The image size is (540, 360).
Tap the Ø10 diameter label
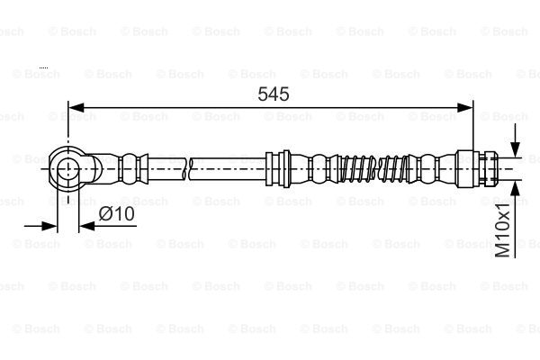coord(116,213)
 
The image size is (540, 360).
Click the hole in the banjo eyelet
coord(68,167)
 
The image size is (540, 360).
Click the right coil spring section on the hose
coord(393,167)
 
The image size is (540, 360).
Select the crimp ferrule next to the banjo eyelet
coord(131,167)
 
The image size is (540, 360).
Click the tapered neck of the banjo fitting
coord(101,167)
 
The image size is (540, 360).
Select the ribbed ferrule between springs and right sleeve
coord(427,167)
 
